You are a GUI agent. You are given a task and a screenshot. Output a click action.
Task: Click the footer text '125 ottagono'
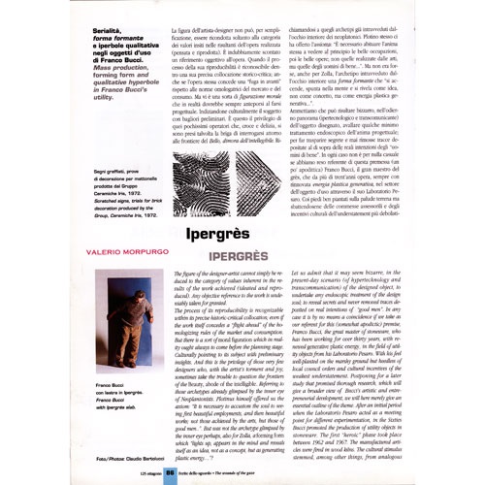point(131,469)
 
